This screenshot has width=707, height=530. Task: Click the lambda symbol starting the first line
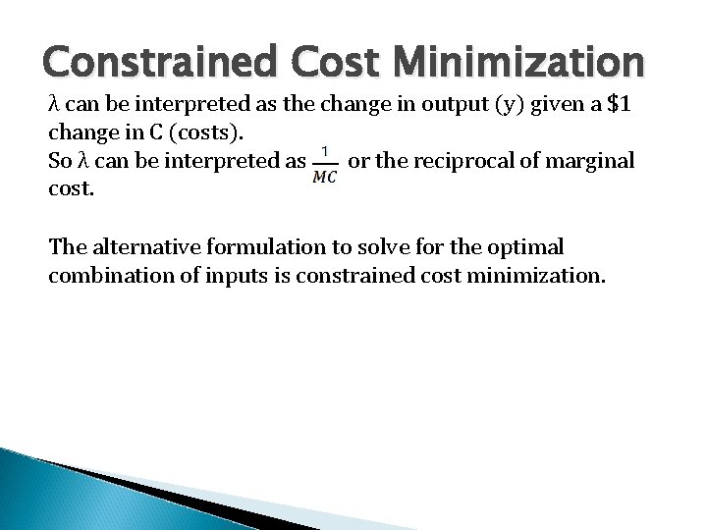[x=53, y=104]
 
